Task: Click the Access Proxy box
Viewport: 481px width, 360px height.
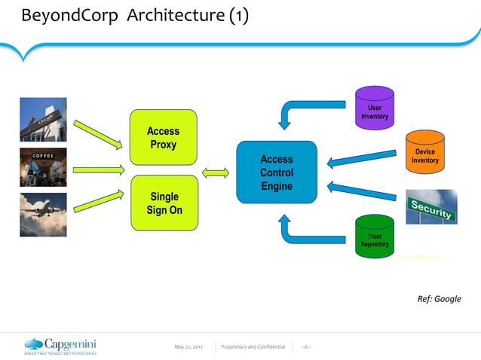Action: [164, 137]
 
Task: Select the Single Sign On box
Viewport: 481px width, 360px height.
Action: [164, 203]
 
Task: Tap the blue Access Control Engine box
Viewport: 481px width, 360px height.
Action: [276, 172]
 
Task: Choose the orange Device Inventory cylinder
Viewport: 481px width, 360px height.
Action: [424, 152]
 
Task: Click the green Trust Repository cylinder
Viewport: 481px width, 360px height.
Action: [375, 236]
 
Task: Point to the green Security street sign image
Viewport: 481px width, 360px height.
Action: [431, 206]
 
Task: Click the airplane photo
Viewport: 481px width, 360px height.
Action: [43, 215]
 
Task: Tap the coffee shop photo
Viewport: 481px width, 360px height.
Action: [43, 167]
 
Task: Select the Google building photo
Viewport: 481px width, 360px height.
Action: [43, 120]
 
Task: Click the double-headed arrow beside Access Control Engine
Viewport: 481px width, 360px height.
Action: [216, 172]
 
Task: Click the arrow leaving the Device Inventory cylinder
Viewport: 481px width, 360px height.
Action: [362, 159]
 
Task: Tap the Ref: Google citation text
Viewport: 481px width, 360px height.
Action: [439, 299]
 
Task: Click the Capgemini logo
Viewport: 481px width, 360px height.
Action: [60, 346]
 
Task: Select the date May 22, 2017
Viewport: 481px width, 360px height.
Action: [188, 346]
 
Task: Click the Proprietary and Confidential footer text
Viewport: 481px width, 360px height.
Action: [253, 346]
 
